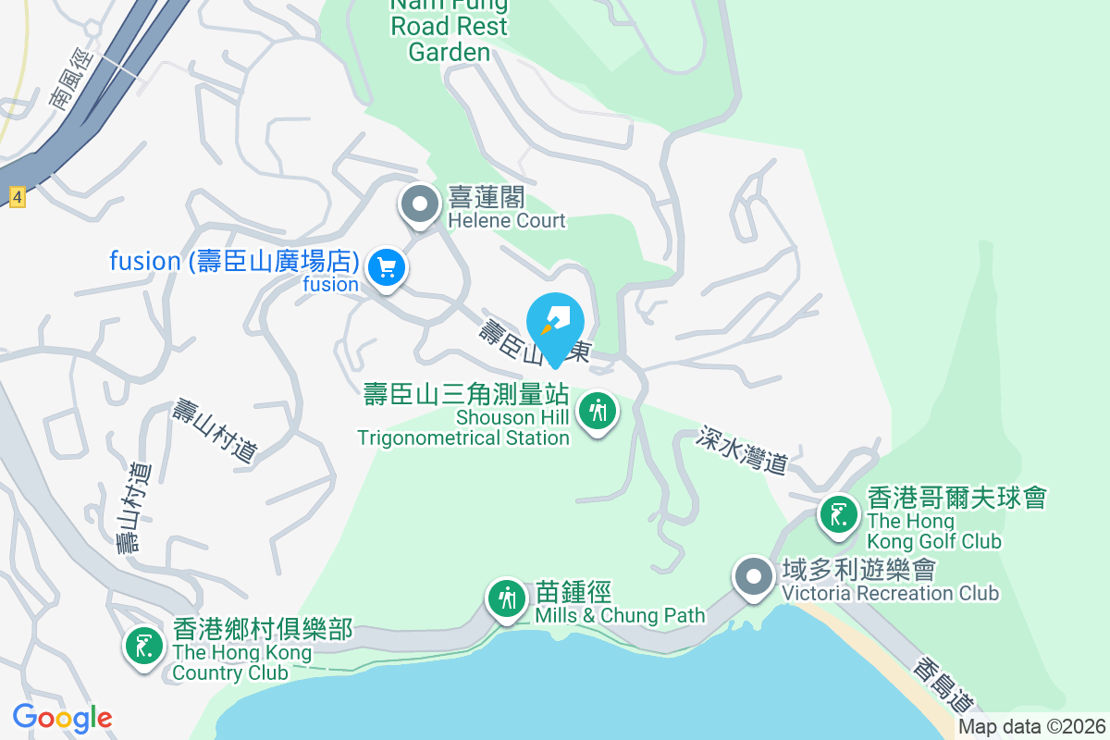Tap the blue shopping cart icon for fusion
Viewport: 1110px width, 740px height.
387,268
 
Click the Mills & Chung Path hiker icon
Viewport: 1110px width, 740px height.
506,598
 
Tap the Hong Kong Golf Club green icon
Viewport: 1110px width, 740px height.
839,515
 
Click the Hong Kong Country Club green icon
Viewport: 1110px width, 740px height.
143,645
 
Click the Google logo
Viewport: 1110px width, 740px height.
62,718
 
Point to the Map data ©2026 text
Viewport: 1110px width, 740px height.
1031,727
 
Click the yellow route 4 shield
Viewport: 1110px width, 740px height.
16,196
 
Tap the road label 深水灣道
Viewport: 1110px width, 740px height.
743,450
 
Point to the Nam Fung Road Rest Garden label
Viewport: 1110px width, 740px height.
449,28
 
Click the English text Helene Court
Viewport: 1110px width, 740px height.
506,221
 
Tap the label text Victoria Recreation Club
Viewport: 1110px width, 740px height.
890,593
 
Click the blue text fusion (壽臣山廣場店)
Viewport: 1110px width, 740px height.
234,262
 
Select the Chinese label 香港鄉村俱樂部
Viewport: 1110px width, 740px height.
262,630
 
